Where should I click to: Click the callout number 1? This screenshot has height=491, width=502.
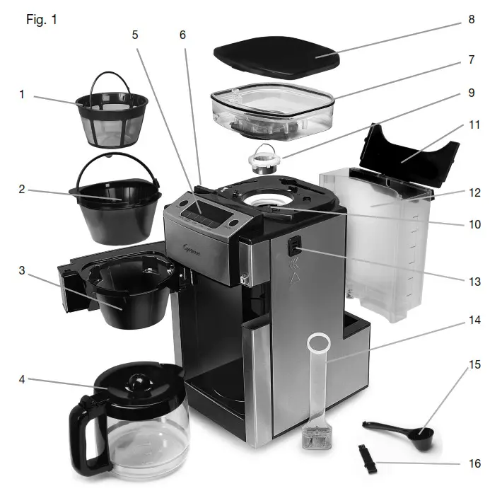tap(21, 94)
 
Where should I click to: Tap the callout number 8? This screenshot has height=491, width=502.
tap(472, 20)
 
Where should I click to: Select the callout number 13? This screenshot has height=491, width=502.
tap(474, 282)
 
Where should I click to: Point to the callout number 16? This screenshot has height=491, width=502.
tap(474, 463)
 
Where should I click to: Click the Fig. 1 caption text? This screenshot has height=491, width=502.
tap(41, 19)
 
